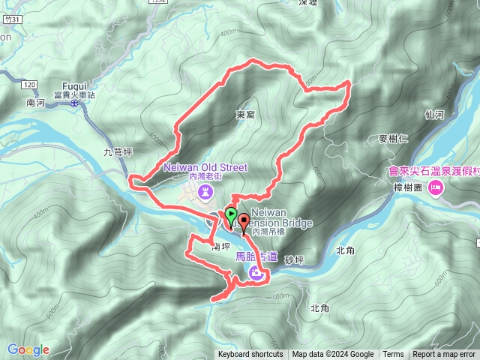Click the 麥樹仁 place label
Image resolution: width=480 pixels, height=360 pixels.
(393, 139)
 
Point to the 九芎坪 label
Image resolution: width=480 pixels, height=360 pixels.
(118, 152)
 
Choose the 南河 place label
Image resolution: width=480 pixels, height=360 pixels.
(35, 102)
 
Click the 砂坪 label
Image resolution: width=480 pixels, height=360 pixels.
(295, 259)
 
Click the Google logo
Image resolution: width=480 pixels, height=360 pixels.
(28, 349)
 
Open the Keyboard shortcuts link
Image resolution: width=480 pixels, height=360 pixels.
(250, 355)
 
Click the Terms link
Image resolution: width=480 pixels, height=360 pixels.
(393, 355)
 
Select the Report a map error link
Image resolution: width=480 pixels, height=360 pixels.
(444, 355)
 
